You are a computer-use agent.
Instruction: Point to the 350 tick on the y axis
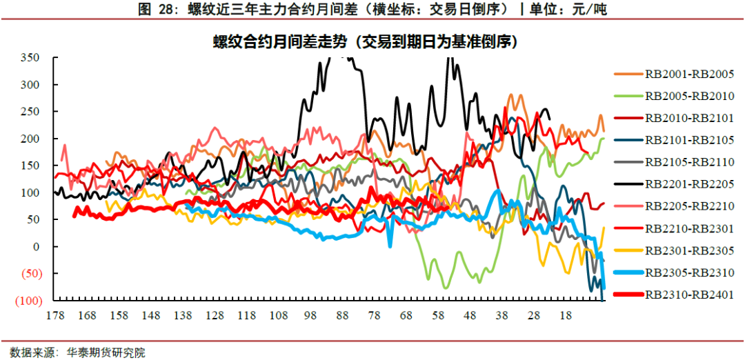pos(30,57)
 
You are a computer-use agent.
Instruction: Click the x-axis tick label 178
pos(56,315)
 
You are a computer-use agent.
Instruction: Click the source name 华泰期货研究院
pos(106,352)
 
